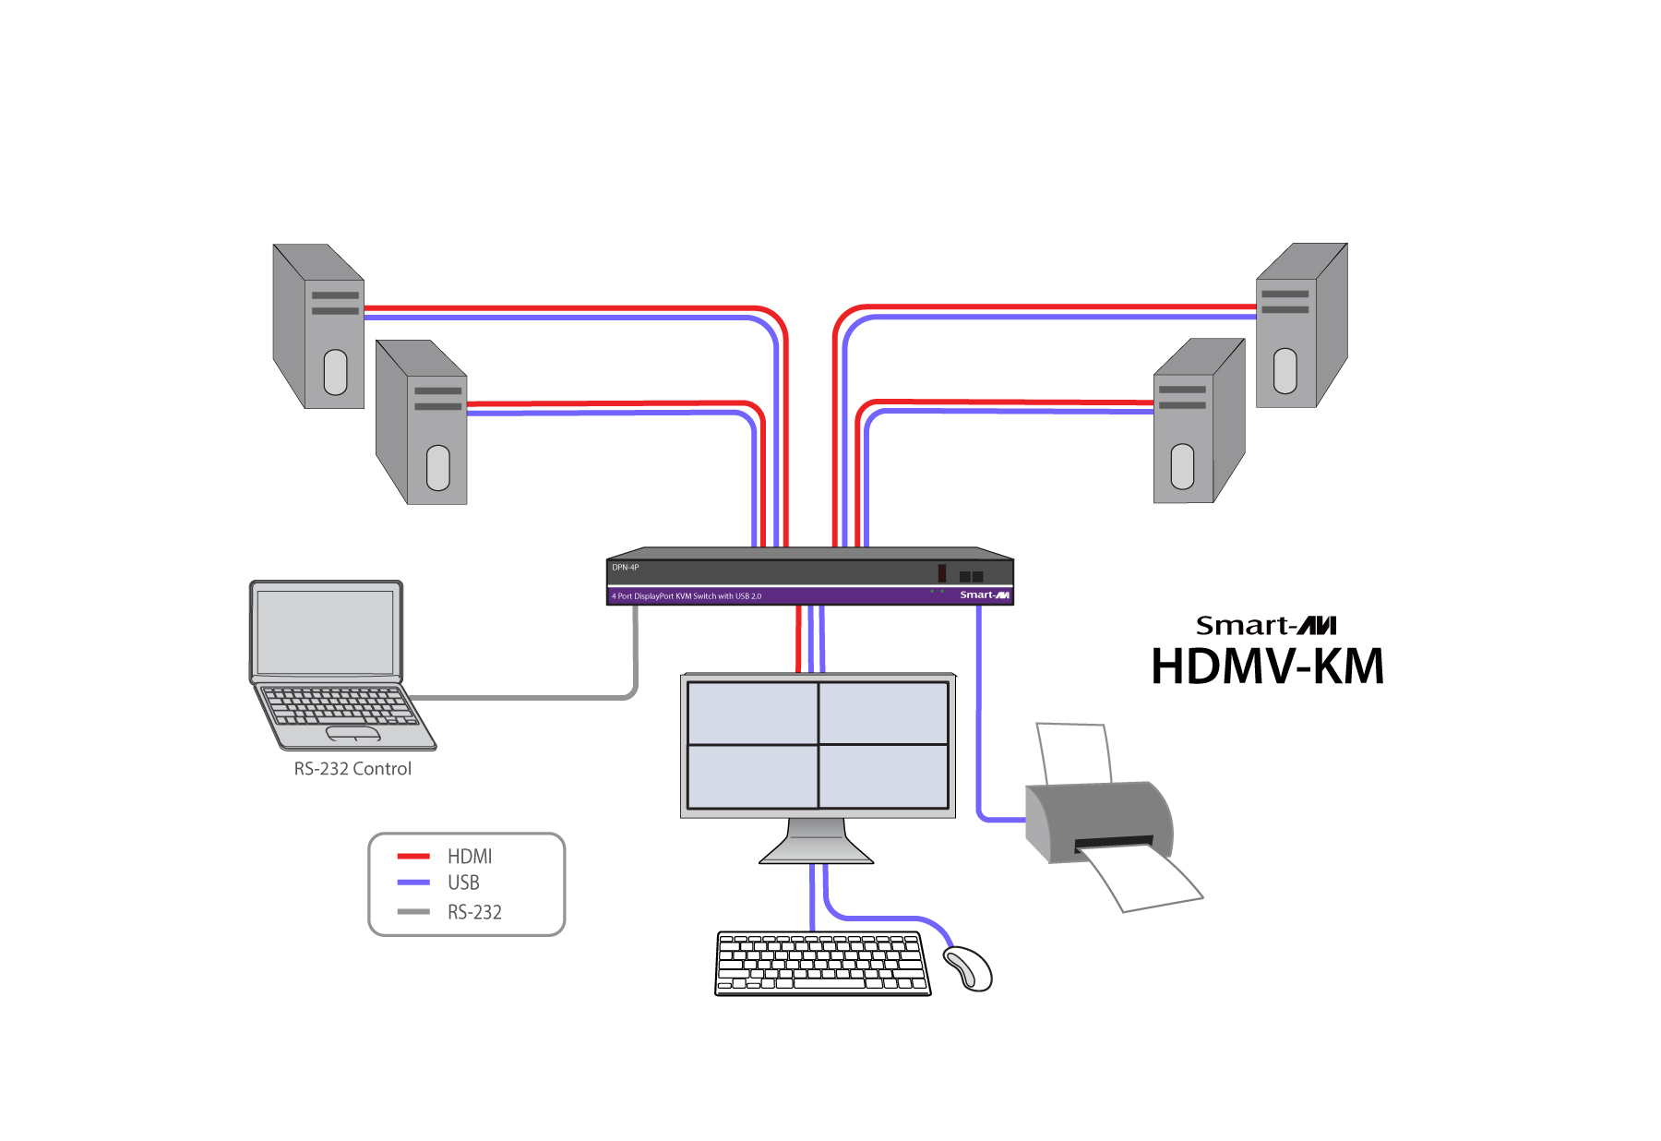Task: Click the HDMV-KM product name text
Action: pyautogui.click(x=1268, y=667)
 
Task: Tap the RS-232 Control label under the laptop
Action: pyautogui.click(x=353, y=769)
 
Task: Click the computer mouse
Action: pyautogui.click(x=968, y=968)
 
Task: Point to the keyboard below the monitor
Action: pyautogui.click(x=823, y=964)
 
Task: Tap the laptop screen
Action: pyautogui.click(x=325, y=633)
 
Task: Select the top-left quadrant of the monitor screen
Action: pyautogui.click(x=752, y=713)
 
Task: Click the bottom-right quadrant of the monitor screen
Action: pyautogui.click(x=884, y=776)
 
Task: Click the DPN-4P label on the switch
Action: pyautogui.click(x=626, y=568)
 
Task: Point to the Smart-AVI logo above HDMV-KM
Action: pyautogui.click(x=1266, y=626)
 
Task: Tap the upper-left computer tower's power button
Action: pyautogui.click(x=336, y=372)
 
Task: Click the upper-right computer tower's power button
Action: pyautogui.click(x=1285, y=371)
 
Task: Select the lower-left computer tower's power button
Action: pyautogui.click(x=438, y=468)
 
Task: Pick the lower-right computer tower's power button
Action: pyautogui.click(x=1182, y=466)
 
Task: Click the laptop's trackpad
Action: pyautogui.click(x=353, y=734)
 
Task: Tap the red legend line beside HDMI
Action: pyautogui.click(x=413, y=857)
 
